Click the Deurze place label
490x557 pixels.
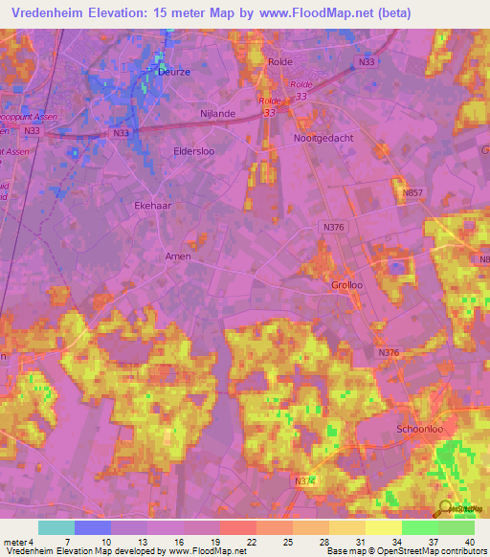tap(173, 71)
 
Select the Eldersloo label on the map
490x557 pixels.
tap(168, 150)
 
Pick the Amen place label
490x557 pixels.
tap(178, 256)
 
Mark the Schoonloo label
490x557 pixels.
tap(423, 431)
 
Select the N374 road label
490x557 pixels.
tap(304, 480)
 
